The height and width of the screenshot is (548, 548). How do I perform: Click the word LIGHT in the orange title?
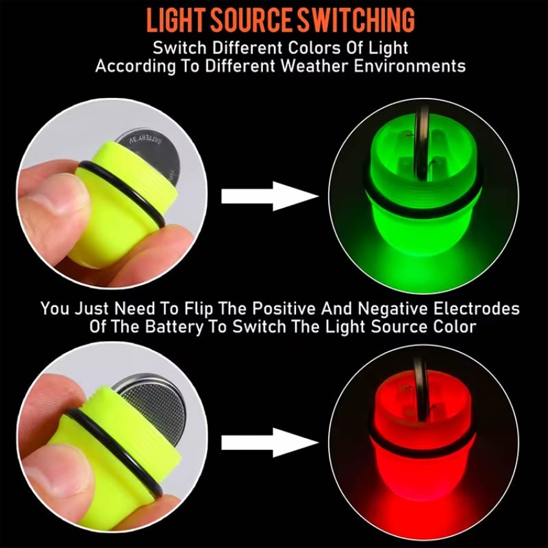(175, 20)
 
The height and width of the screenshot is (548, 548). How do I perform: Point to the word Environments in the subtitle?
(409, 66)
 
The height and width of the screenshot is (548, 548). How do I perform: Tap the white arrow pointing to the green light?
(269, 196)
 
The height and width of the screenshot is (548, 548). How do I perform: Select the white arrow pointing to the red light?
(269, 442)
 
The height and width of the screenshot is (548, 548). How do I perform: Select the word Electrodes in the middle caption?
(476, 309)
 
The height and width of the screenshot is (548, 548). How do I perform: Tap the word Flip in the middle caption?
(198, 309)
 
